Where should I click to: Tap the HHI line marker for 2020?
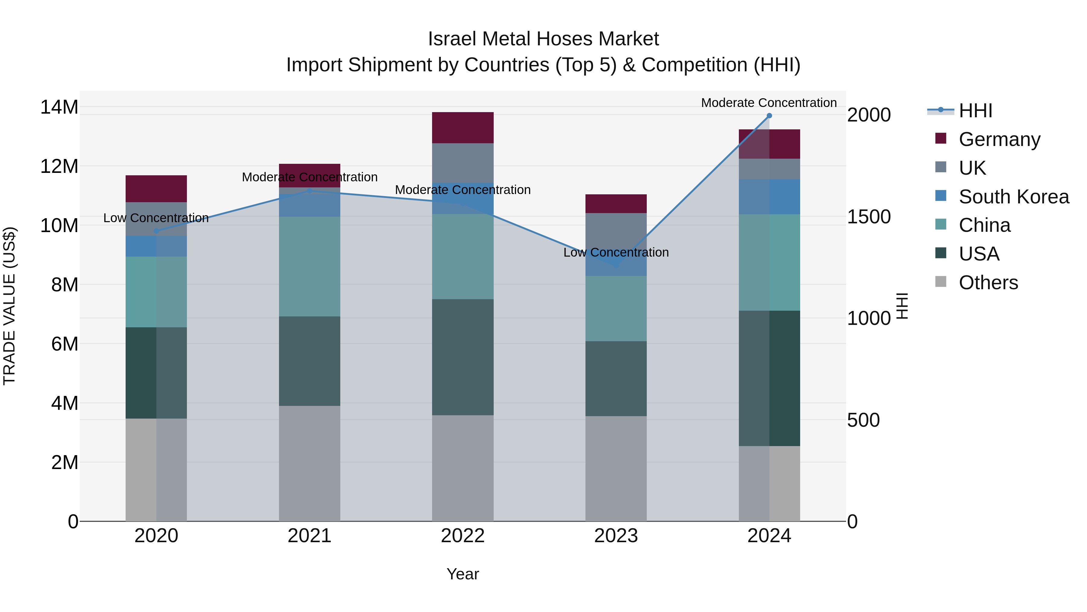coord(156,231)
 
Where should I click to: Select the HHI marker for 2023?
coord(616,265)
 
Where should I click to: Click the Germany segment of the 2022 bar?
coord(463,128)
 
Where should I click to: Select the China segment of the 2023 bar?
coord(616,308)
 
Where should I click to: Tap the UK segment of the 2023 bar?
coord(616,232)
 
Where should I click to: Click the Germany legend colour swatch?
coord(941,138)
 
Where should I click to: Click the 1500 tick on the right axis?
coord(869,217)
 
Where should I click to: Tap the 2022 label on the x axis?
coord(463,536)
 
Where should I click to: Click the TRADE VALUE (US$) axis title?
coord(9,306)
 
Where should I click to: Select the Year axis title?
coord(463,574)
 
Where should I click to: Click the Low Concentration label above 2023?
coord(616,253)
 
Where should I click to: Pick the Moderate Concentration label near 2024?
coord(768,103)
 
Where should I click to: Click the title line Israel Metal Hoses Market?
coord(543,39)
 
